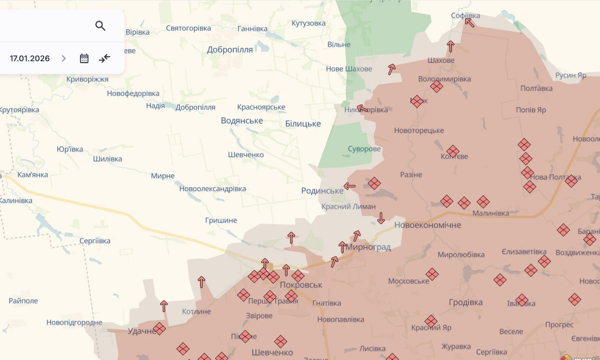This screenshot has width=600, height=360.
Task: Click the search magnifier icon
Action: pos(100,26)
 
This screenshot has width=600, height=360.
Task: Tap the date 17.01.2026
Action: pos(30,59)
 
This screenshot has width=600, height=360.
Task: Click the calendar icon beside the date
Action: pos(84,59)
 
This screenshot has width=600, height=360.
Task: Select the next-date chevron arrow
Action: pos(64,59)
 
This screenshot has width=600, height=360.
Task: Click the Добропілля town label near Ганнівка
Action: pos(230,50)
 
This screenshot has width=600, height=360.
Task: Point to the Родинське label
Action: pos(322,191)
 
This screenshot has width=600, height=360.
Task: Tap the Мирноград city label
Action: pos(368,247)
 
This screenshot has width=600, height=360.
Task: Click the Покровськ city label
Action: pos(301,285)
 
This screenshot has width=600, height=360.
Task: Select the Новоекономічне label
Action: pos(427,225)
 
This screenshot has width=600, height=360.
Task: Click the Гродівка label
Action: pos(466,302)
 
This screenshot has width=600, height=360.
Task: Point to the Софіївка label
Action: pos(465,15)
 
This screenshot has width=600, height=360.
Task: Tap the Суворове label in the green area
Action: pos(364,149)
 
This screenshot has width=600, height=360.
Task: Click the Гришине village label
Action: pos(221,220)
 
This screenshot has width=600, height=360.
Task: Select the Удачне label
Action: pos(141,331)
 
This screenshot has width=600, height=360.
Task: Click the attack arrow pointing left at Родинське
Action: pos(350,186)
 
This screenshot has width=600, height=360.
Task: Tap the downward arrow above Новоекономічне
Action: pos(381,218)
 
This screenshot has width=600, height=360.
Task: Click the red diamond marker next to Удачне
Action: pos(159,329)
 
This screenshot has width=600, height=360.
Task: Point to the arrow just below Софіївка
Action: pos(470,23)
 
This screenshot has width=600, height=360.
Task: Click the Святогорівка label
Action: pos(188,28)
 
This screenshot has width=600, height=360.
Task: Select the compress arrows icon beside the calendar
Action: pos(105,58)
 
